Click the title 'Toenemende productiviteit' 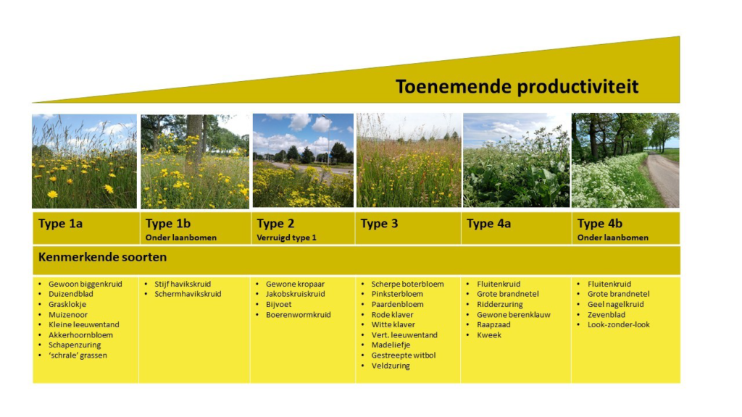517,87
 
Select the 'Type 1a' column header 61,224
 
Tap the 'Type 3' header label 379,224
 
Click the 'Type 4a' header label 489,224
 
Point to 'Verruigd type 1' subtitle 286,237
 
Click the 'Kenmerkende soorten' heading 102,257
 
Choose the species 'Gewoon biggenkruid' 86,284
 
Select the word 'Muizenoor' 67,314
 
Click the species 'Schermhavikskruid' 188,294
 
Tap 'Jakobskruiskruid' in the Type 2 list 296,294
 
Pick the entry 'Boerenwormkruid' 298,314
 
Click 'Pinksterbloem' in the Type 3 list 397,294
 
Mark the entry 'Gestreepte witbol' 403,355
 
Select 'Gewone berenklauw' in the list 514,314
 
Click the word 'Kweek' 489,334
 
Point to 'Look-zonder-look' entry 619,324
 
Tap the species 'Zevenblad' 606,314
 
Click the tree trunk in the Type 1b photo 194,142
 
